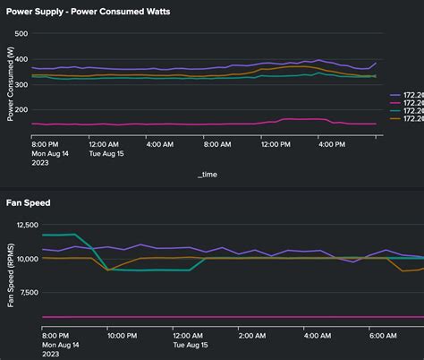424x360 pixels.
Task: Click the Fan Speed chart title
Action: [29, 203]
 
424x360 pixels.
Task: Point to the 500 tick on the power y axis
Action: [21, 34]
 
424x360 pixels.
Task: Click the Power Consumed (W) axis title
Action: [10, 85]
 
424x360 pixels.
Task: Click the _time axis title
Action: [207, 175]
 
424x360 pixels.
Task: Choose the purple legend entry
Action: [407, 94]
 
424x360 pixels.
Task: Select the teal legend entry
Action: [407, 110]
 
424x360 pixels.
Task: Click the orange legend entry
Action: [407, 118]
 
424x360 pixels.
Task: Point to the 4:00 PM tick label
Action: [331, 143]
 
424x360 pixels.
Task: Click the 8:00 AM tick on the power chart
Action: [217, 143]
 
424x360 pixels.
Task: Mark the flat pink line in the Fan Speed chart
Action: [224, 317]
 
